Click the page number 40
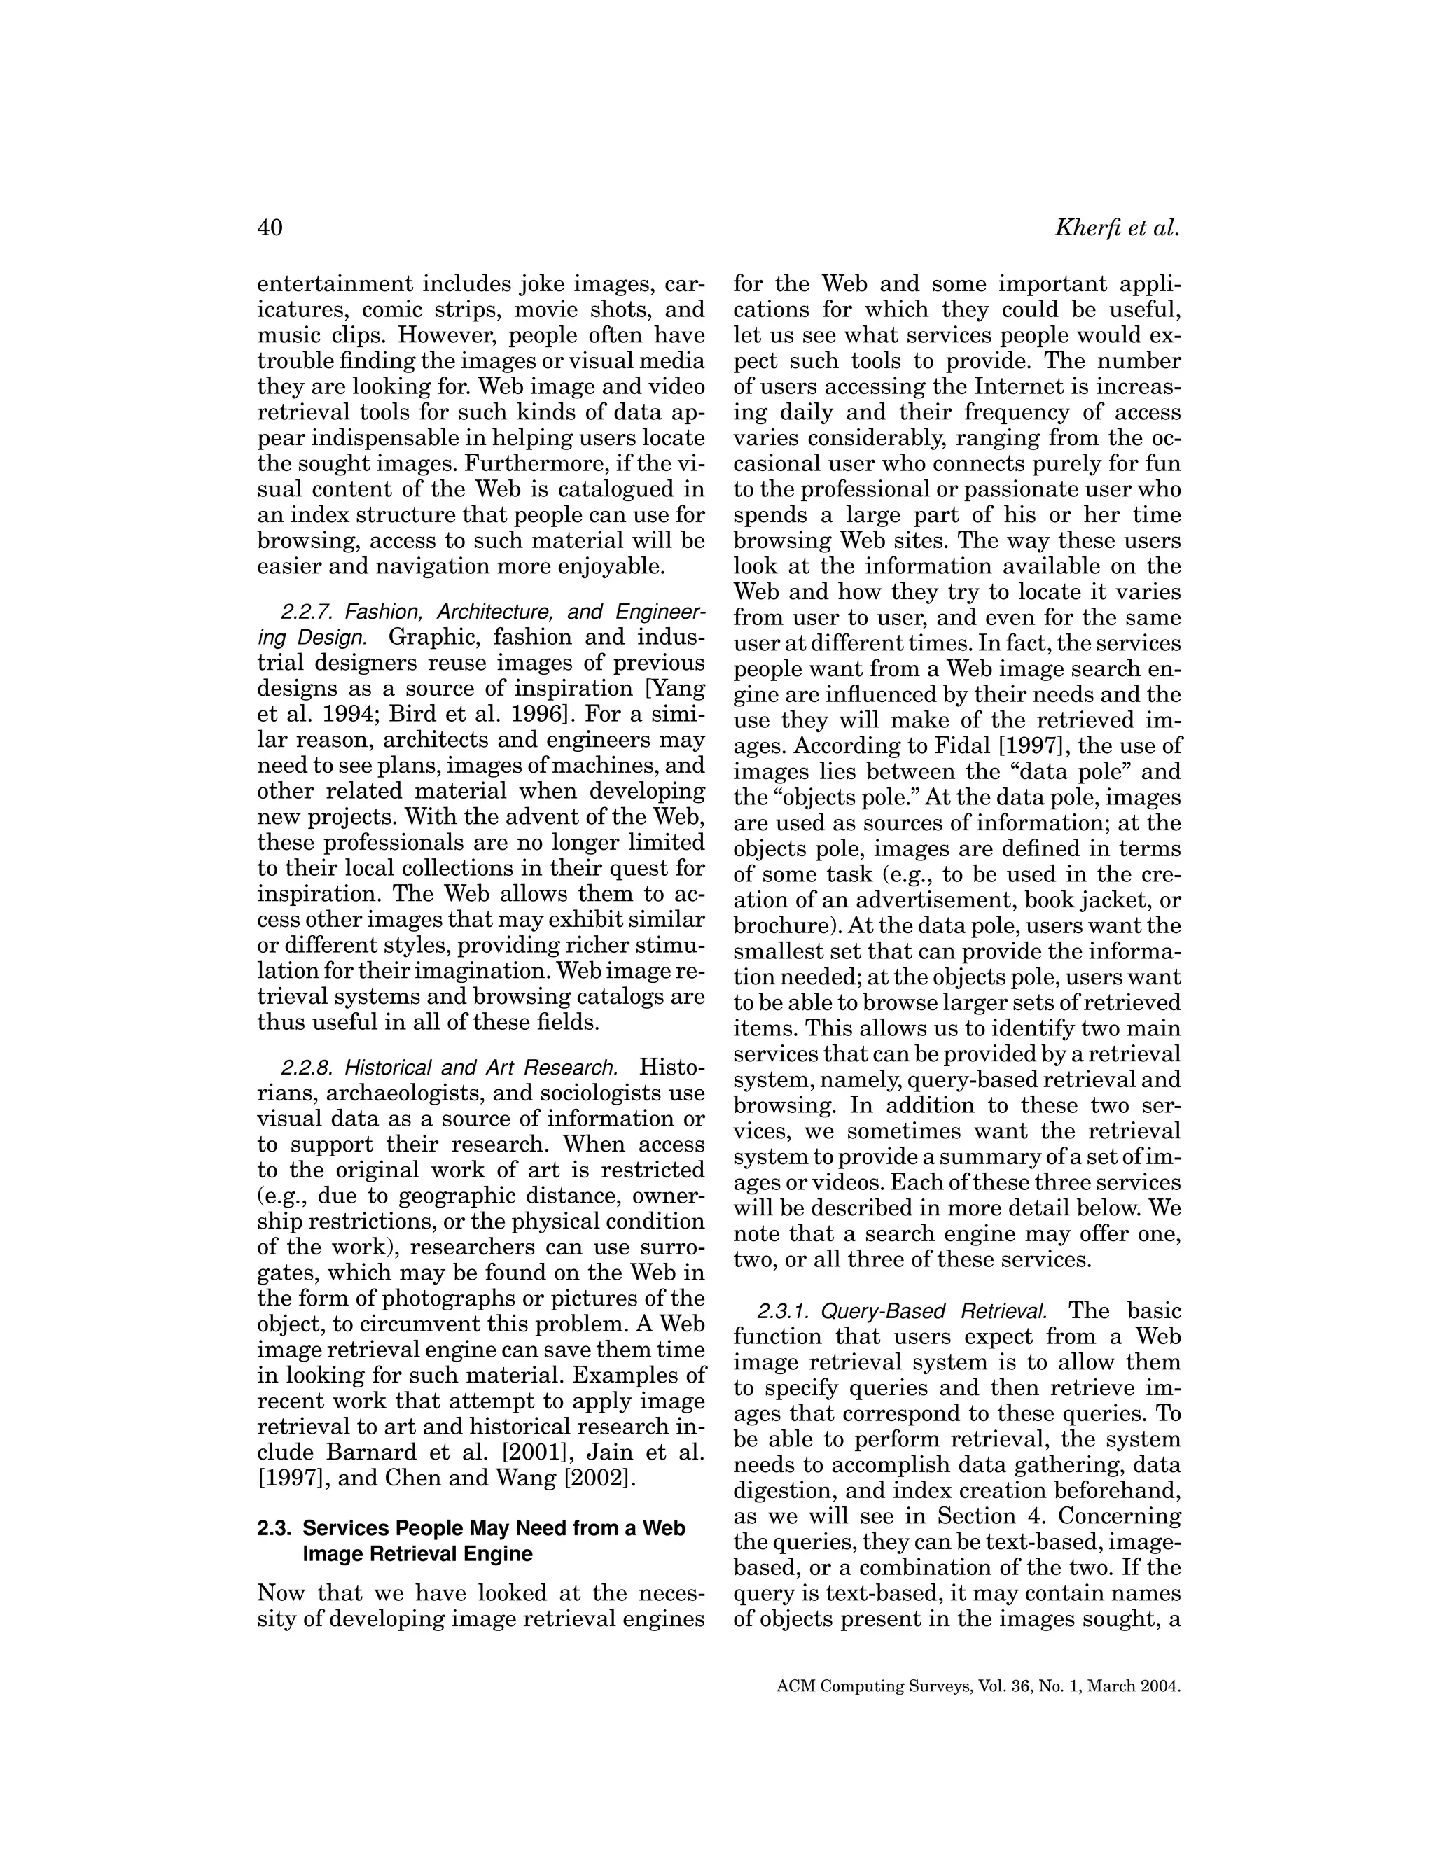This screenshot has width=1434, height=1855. [270, 227]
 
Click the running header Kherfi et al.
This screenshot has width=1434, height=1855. [1116, 227]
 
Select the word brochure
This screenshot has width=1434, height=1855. [773, 926]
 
